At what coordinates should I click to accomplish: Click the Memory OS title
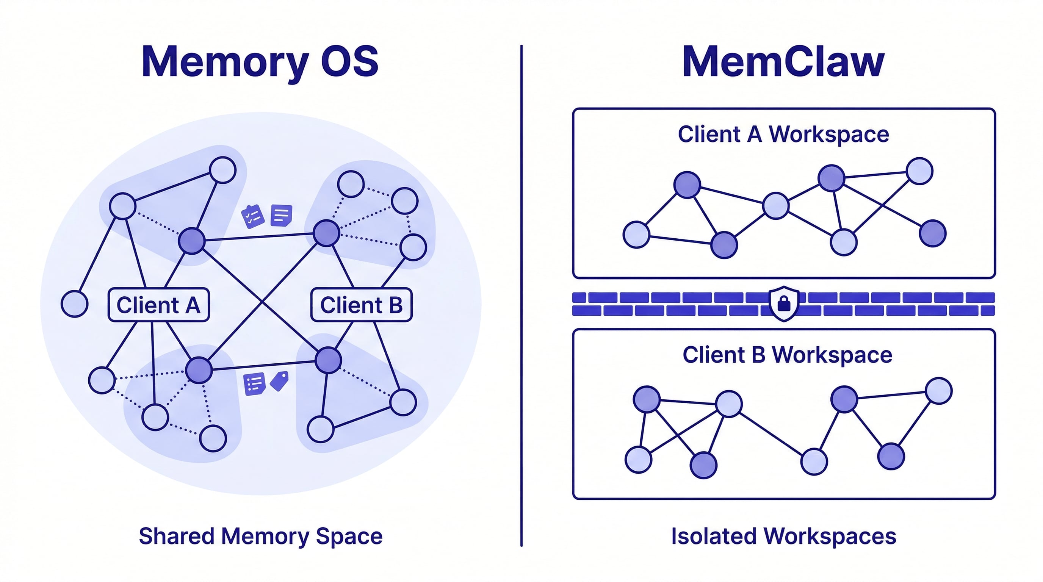tap(260, 61)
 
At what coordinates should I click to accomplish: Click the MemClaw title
tap(783, 61)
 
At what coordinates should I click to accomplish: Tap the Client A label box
tap(159, 305)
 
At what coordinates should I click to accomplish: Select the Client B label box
tap(361, 305)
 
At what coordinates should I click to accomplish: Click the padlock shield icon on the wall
tap(784, 304)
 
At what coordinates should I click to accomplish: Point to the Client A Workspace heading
tap(783, 134)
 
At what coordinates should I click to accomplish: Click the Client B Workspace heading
tap(787, 355)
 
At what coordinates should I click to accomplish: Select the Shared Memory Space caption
tap(260, 536)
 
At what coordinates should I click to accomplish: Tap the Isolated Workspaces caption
tap(783, 536)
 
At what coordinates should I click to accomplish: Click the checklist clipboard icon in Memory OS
tap(253, 216)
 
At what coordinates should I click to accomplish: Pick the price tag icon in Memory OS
tap(279, 381)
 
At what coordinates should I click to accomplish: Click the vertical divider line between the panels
tap(521, 296)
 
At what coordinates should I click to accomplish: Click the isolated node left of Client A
tap(75, 304)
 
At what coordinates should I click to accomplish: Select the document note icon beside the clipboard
tap(281, 215)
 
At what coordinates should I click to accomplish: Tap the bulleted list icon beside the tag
tap(254, 383)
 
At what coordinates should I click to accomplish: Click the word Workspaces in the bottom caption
tap(830, 536)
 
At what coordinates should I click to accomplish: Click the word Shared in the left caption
tap(177, 536)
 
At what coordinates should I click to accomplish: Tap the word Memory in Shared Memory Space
tap(265, 536)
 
